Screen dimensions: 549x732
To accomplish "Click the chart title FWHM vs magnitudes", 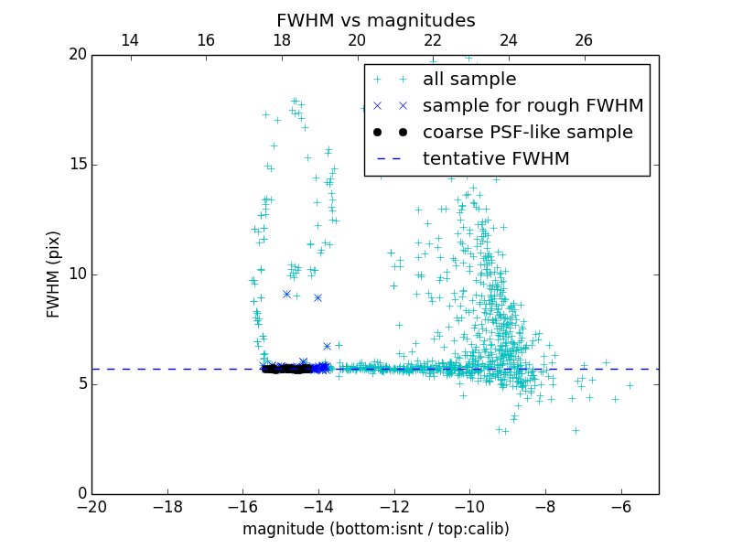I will (x=375, y=20).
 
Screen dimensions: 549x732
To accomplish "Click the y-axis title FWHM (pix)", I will (x=54, y=274).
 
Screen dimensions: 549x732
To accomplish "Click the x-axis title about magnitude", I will (x=375, y=529).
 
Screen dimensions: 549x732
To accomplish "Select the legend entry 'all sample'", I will (x=468, y=80).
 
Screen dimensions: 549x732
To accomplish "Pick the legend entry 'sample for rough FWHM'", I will (x=533, y=106).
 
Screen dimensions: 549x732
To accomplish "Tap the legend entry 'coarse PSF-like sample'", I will (x=527, y=133).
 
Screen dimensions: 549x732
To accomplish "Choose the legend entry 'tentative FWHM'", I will (x=495, y=159).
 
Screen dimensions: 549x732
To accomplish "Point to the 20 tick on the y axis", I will (x=77, y=55).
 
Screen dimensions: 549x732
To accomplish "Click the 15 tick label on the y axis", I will (x=77, y=165).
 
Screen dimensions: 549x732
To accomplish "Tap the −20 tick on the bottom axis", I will (x=91, y=506).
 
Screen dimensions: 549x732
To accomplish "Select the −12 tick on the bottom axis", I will (x=394, y=506).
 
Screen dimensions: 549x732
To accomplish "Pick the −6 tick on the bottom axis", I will (x=621, y=506).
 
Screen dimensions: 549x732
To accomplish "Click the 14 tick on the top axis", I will (x=130, y=40).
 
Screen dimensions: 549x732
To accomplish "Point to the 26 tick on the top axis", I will (x=584, y=40).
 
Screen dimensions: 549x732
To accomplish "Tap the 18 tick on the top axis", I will (x=281, y=40).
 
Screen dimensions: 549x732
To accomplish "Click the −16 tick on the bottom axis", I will (x=242, y=506).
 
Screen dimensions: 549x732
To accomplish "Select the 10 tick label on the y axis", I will (x=77, y=274).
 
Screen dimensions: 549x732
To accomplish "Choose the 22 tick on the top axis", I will (x=433, y=40).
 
